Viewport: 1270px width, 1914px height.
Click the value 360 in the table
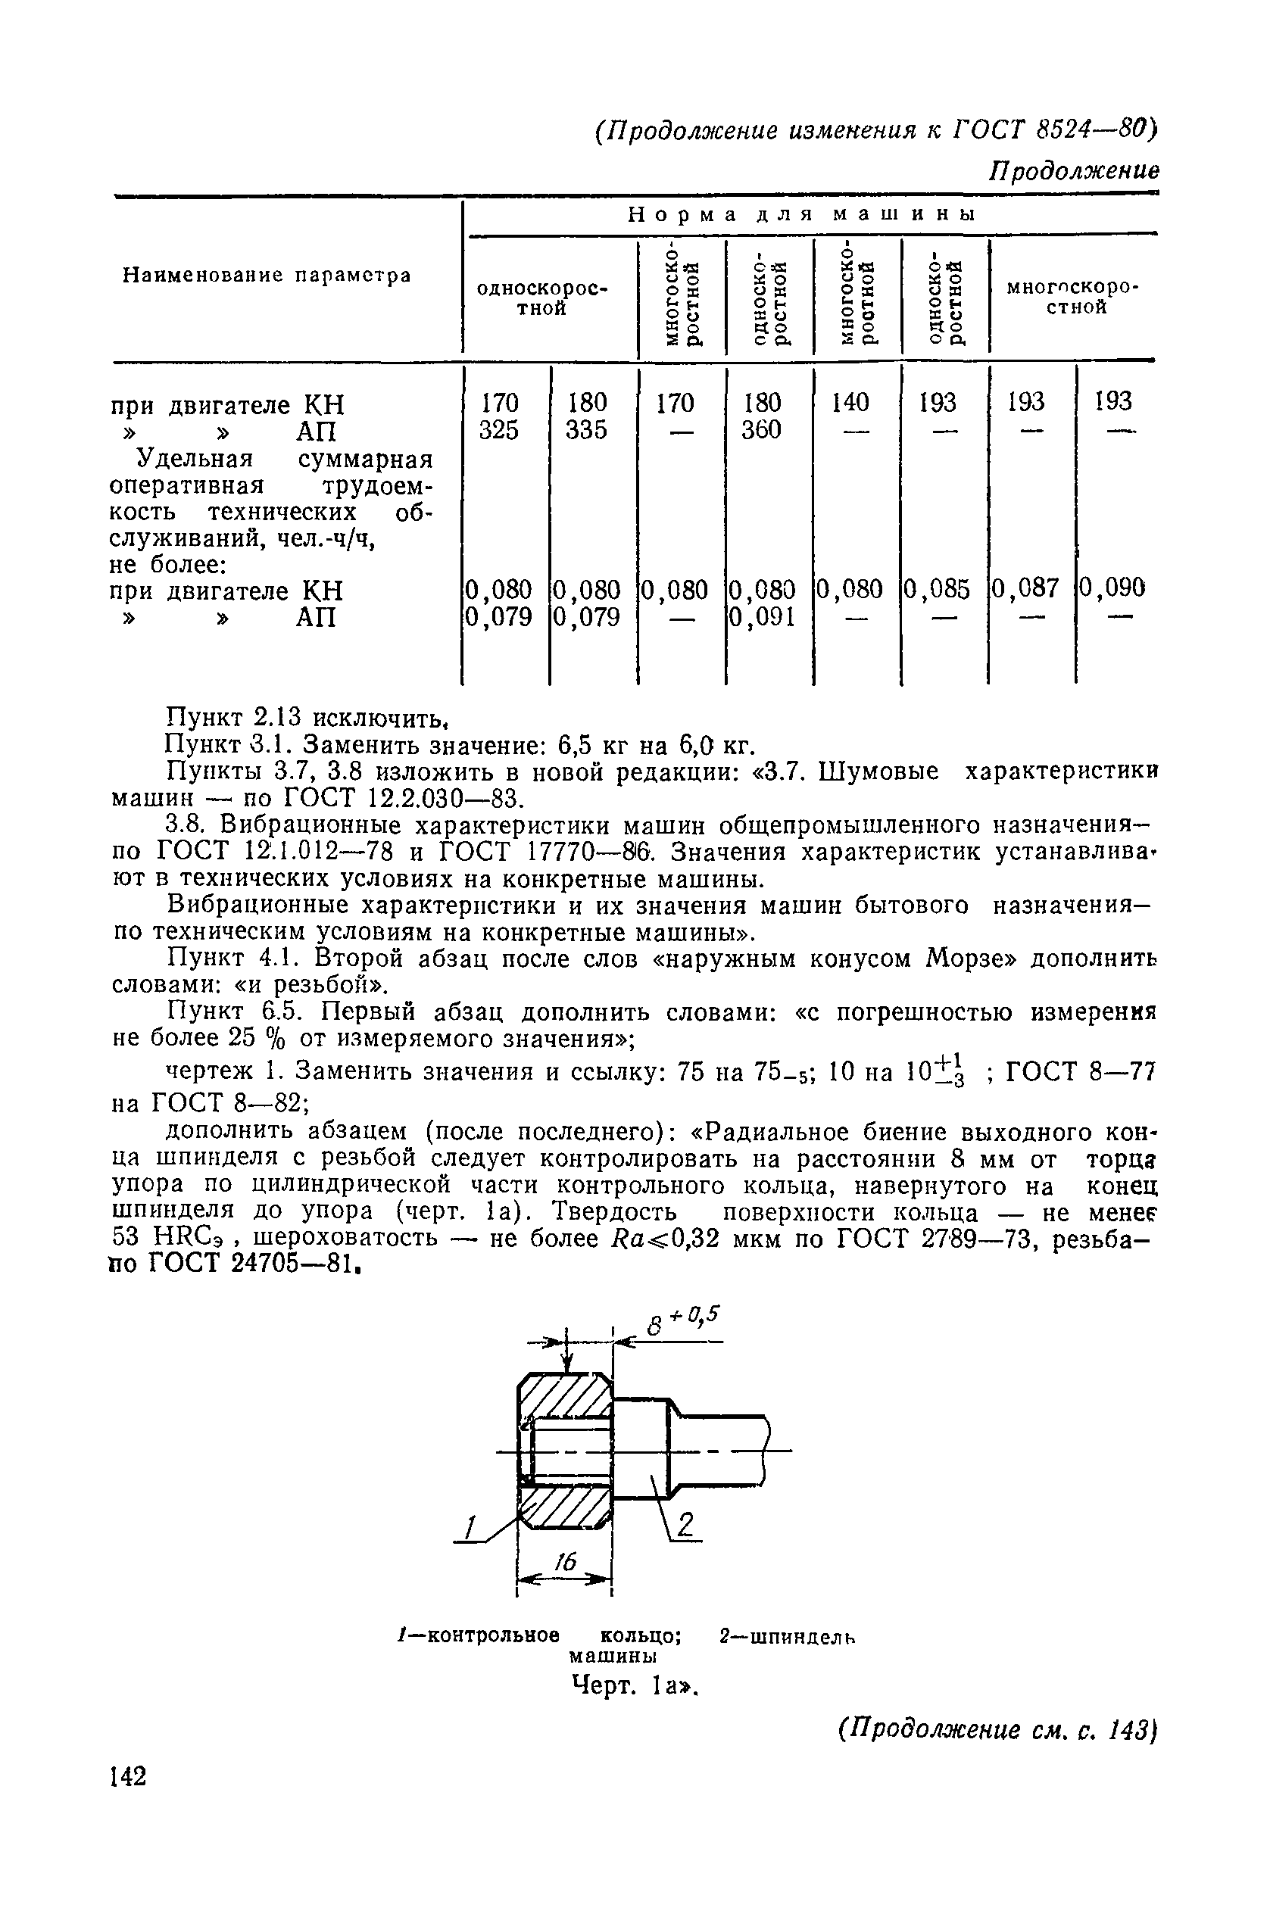[761, 430]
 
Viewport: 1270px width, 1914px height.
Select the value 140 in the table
[850, 402]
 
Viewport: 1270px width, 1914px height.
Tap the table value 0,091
[762, 618]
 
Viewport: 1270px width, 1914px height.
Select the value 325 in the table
[498, 430]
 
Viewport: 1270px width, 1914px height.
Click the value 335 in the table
[586, 430]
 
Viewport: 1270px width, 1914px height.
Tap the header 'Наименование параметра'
[267, 276]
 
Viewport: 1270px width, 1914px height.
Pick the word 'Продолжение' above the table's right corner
[1074, 171]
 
